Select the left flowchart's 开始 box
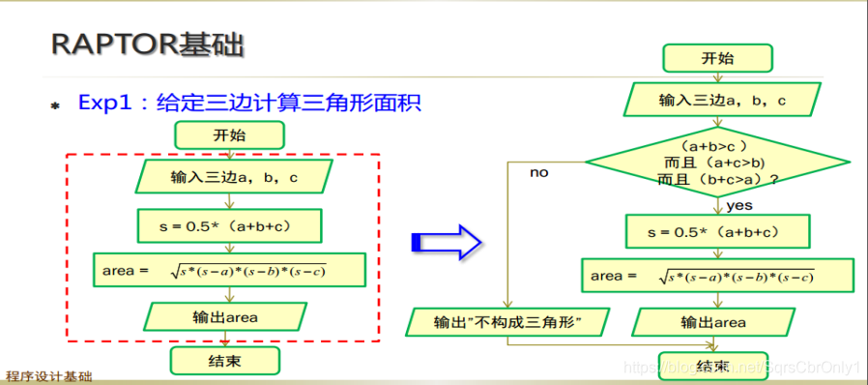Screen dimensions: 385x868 click(x=229, y=135)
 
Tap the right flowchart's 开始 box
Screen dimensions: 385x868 click(x=717, y=58)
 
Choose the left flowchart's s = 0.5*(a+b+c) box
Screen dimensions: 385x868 click(x=228, y=225)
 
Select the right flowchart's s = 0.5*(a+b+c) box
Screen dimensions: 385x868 click(x=716, y=232)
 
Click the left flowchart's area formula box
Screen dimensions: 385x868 click(x=229, y=270)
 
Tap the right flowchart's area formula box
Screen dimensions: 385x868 click(x=716, y=276)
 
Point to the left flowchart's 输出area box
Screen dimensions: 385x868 click(x=230, y=315)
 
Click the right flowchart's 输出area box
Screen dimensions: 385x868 click(x=716, y=321)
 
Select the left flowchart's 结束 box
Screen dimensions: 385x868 click(x=224, y=361)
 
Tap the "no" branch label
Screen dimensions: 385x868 click(x=538, y=172)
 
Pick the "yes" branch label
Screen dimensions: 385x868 click(x=739, y=205)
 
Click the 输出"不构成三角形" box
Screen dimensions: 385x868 click(x=508, y=321)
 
